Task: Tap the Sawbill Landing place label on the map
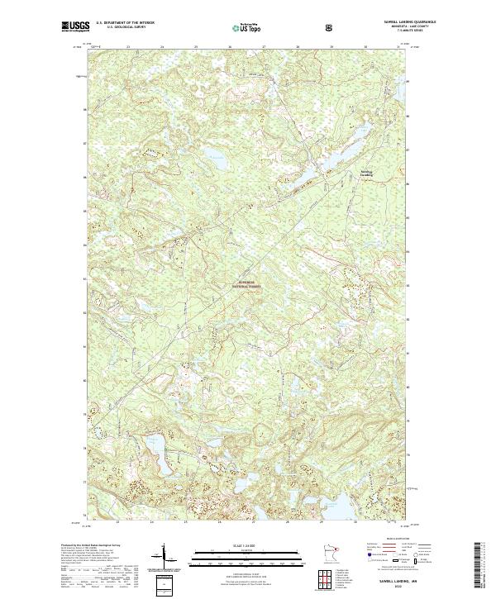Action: click(366, 174)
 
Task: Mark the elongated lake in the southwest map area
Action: click(157, 454)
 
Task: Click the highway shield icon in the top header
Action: click(331, 28)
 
